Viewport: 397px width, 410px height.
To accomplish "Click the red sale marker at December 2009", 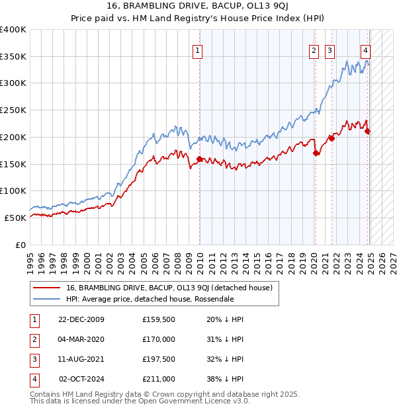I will tap(199, 159).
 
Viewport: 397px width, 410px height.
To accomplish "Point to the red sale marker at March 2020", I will tap(316, 153).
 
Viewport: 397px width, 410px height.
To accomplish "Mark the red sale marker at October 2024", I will tap(368, 131).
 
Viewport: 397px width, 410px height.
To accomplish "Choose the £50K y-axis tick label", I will tap(15, 218).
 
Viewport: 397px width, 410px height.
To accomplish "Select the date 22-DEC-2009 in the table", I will tap(81, 319).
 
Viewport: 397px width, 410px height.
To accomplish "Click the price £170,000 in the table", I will tap(159, 339).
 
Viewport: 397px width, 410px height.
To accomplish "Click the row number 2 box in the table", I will tap(34, 339).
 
